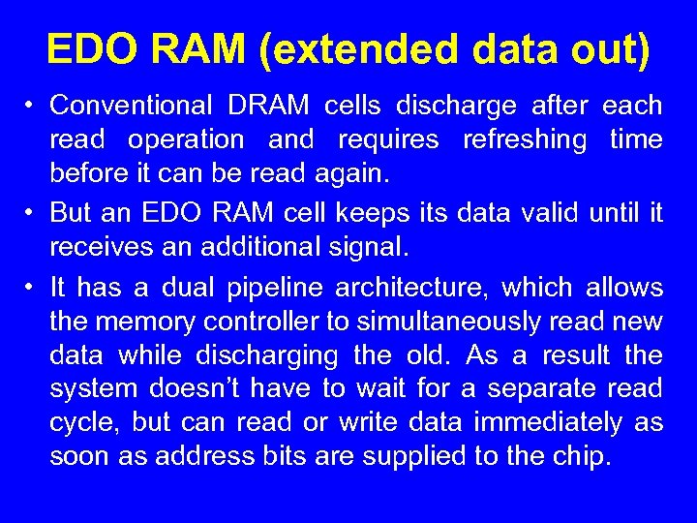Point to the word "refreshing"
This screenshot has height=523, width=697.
(525, 139)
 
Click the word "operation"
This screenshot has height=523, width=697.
(186, 139)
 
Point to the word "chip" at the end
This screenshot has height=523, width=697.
(588, 457)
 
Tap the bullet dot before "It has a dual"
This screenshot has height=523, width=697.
(31, 288)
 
